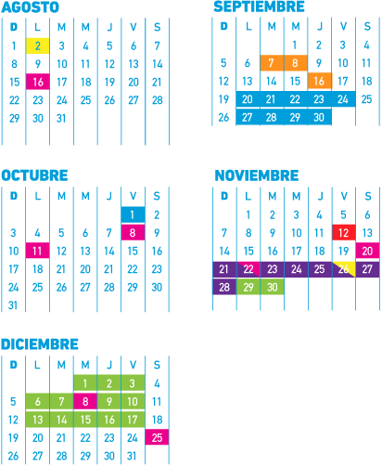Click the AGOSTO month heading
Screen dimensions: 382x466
point(30,7)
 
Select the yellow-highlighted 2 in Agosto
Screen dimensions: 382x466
point(38,45)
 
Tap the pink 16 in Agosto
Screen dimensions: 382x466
point(38,82)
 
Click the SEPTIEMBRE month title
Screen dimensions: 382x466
point(259,6)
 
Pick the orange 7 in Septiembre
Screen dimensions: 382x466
point(272,63)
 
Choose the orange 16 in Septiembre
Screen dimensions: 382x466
point(320,81)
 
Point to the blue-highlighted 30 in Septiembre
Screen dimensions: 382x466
point(320,117)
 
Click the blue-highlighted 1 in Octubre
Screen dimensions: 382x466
point(133,214)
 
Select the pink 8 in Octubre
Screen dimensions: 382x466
point(133,232)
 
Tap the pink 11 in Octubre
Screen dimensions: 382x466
point(37,251)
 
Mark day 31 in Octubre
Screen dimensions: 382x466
point(13,305)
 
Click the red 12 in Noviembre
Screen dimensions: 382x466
point(344,232)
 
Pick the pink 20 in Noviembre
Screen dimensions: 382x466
point(367,251)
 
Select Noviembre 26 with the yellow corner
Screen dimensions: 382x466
point(344,269)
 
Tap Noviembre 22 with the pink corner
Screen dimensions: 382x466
point(248,269)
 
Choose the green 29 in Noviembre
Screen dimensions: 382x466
point(248,287)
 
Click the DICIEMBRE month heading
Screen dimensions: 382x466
point(40,344)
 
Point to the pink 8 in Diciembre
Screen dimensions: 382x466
point(85,402)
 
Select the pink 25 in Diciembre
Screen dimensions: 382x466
point(157,437)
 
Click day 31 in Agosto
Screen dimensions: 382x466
point(61,118)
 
